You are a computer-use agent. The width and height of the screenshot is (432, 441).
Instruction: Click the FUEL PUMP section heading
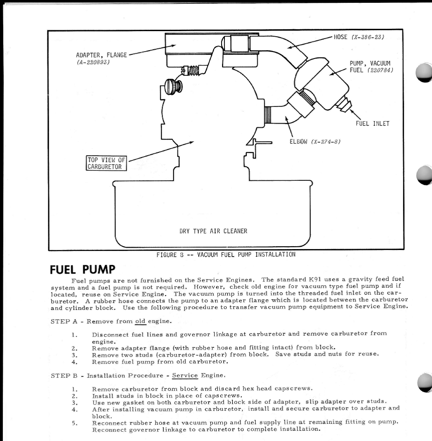point(82,269)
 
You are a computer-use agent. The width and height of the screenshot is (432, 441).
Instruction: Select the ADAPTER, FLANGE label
point(101,55)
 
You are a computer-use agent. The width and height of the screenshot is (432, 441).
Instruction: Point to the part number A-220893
point(93,62)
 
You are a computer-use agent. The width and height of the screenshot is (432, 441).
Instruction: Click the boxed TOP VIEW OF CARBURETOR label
point(106,163)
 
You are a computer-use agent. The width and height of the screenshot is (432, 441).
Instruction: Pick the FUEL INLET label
point(372,124)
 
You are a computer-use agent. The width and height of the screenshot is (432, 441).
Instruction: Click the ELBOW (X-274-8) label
point(315,142)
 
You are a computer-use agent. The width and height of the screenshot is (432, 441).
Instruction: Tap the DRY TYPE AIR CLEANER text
point(213,231)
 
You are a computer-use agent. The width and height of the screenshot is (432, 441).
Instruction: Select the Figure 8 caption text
point(226,254)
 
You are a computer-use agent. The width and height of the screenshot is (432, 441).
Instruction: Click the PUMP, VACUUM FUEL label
point(371,66)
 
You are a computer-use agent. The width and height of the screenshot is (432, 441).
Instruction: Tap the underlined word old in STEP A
point(140,321)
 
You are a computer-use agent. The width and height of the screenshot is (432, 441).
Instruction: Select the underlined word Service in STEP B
point(185,375)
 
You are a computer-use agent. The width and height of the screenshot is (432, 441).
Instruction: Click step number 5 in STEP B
point(74,423)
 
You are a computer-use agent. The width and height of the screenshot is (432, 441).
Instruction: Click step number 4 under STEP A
point(74,361)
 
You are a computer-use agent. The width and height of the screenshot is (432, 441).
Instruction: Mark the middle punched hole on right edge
point(425,176)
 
